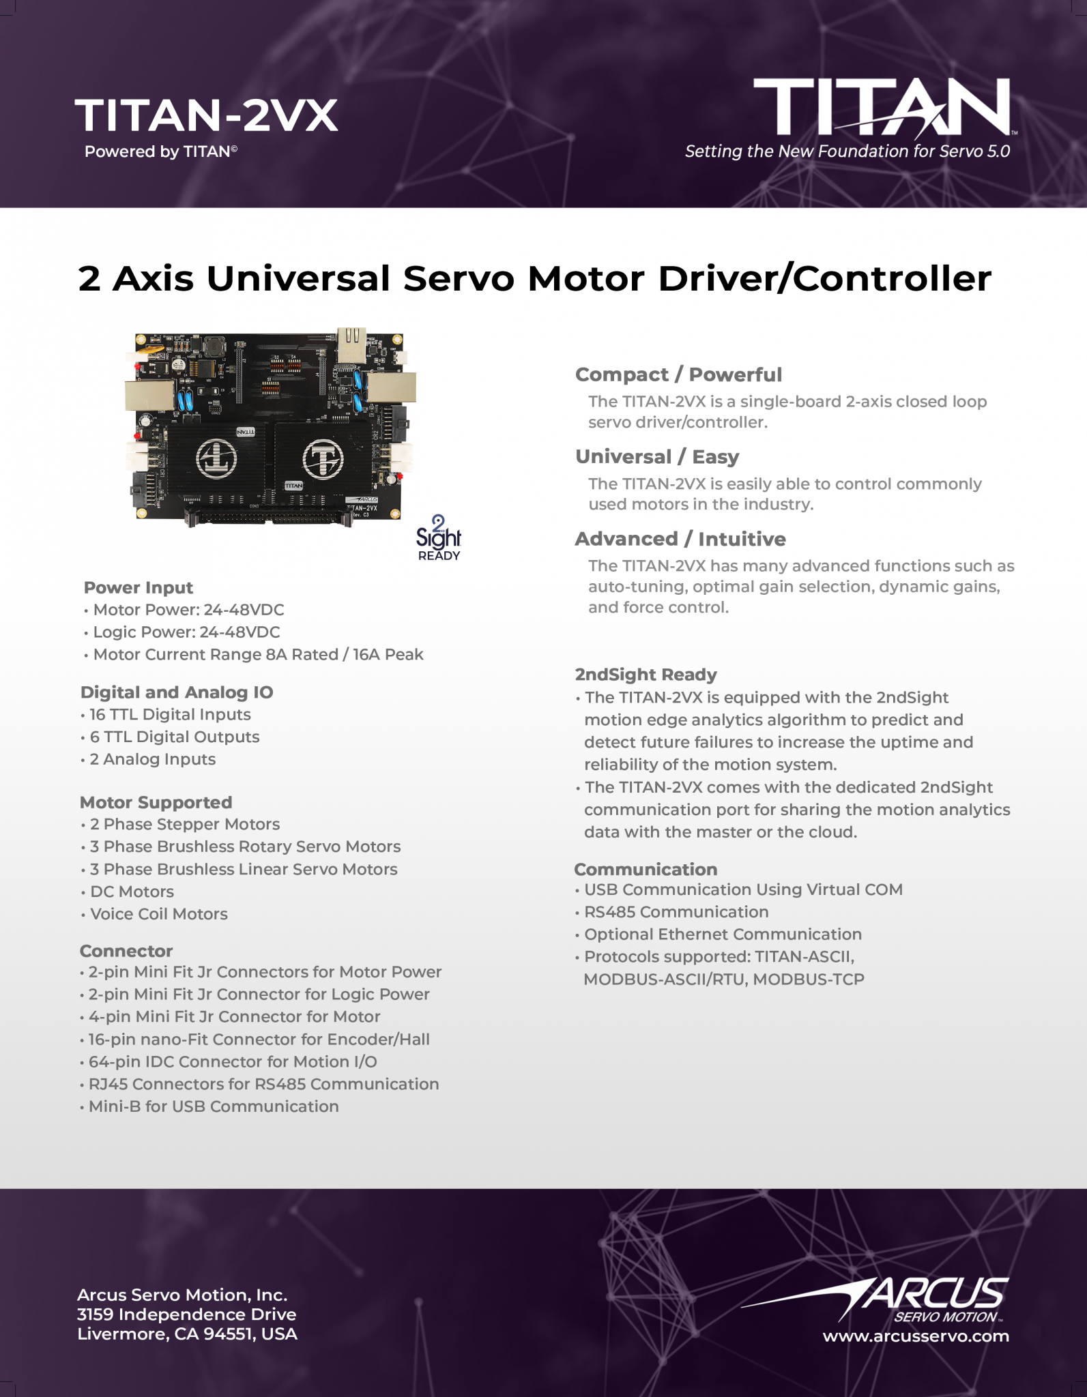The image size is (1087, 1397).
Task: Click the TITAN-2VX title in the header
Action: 206,115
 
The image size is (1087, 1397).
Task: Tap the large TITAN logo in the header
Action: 882,107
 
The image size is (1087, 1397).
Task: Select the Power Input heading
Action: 139,587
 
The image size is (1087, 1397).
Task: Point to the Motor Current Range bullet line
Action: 258,654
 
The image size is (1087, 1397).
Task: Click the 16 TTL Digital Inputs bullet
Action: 170,714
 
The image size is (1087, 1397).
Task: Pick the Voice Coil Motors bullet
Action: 158,913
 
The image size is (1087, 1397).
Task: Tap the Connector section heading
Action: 126,950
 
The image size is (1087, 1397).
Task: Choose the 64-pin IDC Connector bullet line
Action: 232,1061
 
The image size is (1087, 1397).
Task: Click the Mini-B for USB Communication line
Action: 214,1106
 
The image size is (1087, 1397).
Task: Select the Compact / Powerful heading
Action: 678,374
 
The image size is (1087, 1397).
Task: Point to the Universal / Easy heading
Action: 657,456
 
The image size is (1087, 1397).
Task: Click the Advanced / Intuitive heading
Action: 680,539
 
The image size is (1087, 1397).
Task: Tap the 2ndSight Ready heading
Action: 646,675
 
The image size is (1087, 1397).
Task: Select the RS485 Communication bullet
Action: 676,911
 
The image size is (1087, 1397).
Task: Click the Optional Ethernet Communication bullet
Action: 723,934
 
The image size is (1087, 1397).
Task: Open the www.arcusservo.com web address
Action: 916,1336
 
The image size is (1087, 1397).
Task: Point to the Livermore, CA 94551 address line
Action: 187,1334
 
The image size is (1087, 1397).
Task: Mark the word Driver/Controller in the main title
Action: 824,278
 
